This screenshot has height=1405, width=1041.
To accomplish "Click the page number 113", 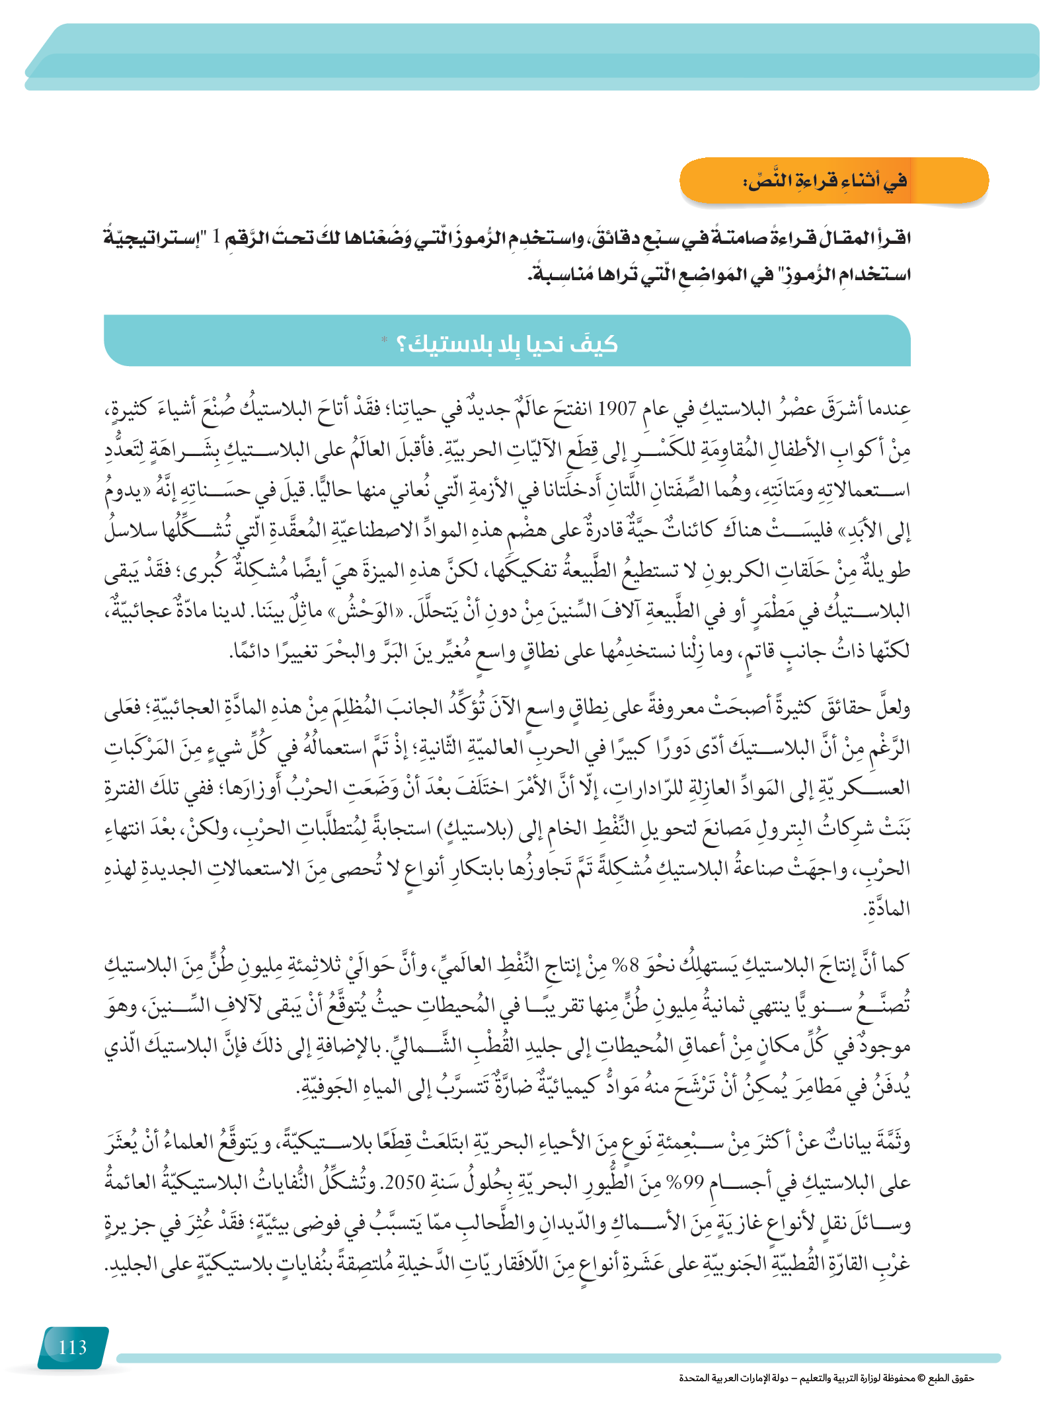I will click(x=73, y=1348).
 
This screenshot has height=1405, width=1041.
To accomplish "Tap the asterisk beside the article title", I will click(x=384, y=340).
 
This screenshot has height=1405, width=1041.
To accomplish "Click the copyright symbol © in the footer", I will click(x=922, y=1378).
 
